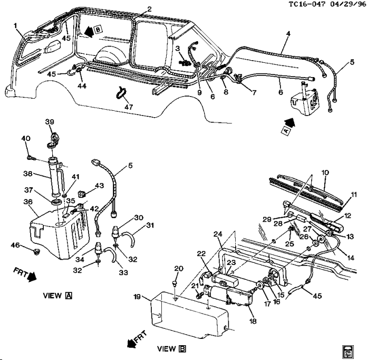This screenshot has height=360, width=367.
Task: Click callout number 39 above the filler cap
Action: click(x=50, y=122)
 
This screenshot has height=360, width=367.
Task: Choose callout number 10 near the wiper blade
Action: click(x=325, y=173)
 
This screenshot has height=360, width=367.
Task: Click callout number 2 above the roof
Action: click(x=149, y=9)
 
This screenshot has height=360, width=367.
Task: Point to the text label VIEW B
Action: click(x=172, y=349)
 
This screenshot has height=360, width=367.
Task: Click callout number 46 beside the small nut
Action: click(x=16, y=245)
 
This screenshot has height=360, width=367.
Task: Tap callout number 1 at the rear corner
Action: click(x=16, y=25)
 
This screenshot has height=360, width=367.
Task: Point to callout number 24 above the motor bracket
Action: click(x=218, y=234)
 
